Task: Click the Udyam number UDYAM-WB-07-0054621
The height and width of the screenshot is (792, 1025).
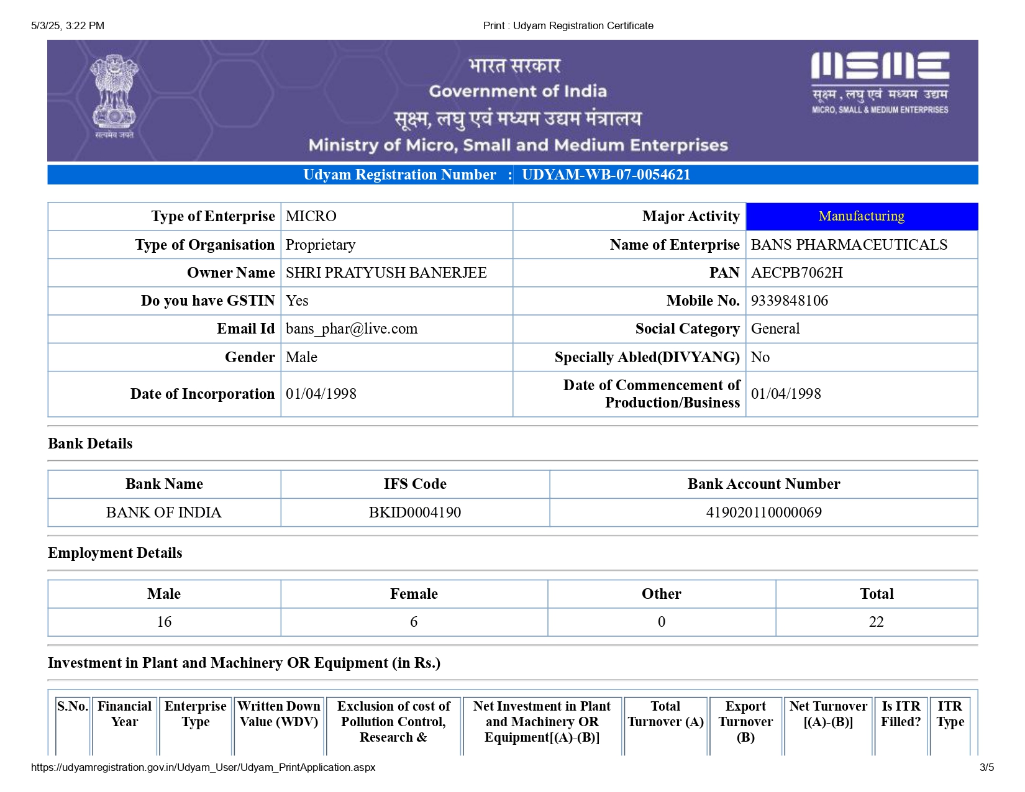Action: pos(606,175)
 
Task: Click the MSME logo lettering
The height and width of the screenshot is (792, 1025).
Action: pos(880,66)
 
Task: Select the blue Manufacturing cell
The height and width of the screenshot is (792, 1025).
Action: pos(861,216)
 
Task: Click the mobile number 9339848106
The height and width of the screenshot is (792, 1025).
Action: pos(789,301)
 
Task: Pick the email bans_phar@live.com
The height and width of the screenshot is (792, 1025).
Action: pos(352,329)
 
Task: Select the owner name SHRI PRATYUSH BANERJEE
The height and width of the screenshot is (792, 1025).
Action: pos(386,273)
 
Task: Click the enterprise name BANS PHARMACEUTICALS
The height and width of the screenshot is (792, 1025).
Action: pos(849,245)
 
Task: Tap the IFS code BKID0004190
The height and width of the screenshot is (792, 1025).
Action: pos(415,512)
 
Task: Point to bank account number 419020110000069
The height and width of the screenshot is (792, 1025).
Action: pos(763,512)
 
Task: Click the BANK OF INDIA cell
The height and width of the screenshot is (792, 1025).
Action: pos(164,512)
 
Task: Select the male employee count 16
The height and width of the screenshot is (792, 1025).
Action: pos(164,622)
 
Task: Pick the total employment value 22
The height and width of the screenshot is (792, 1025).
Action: pos(876,622)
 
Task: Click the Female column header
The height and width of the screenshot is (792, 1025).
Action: pos(414,594)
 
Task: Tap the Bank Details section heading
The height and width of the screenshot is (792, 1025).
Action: pos(91,444)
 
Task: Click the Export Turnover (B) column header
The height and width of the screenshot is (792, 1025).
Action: pos(745,721)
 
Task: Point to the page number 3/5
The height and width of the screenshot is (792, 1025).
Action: pos(986,767)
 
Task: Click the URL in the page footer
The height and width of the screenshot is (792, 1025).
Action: pos(203,767)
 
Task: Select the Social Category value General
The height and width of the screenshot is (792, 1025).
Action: pos(775,329)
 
